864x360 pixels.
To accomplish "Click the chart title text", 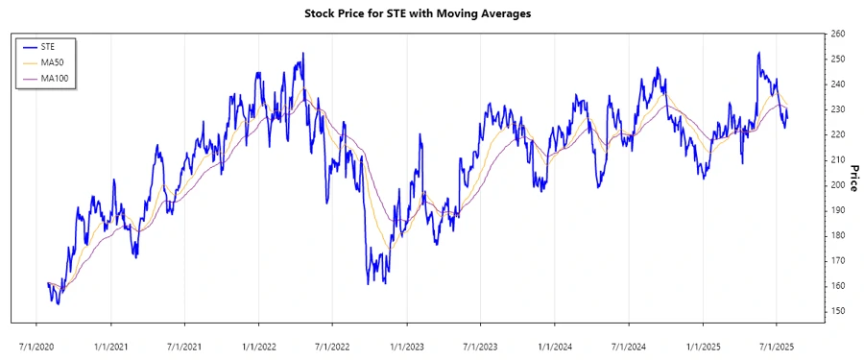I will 431,13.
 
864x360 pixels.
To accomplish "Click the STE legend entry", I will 47,46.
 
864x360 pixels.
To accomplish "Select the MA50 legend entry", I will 52,61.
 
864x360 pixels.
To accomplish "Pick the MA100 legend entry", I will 54,78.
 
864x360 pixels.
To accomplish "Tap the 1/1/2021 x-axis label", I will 113,343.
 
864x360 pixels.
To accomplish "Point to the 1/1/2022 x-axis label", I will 260,343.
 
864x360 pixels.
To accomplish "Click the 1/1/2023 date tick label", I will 408,343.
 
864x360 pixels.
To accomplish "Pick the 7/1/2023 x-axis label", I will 481,343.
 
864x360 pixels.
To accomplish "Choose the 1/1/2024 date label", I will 555,343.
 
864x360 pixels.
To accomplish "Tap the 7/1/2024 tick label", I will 629,343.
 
